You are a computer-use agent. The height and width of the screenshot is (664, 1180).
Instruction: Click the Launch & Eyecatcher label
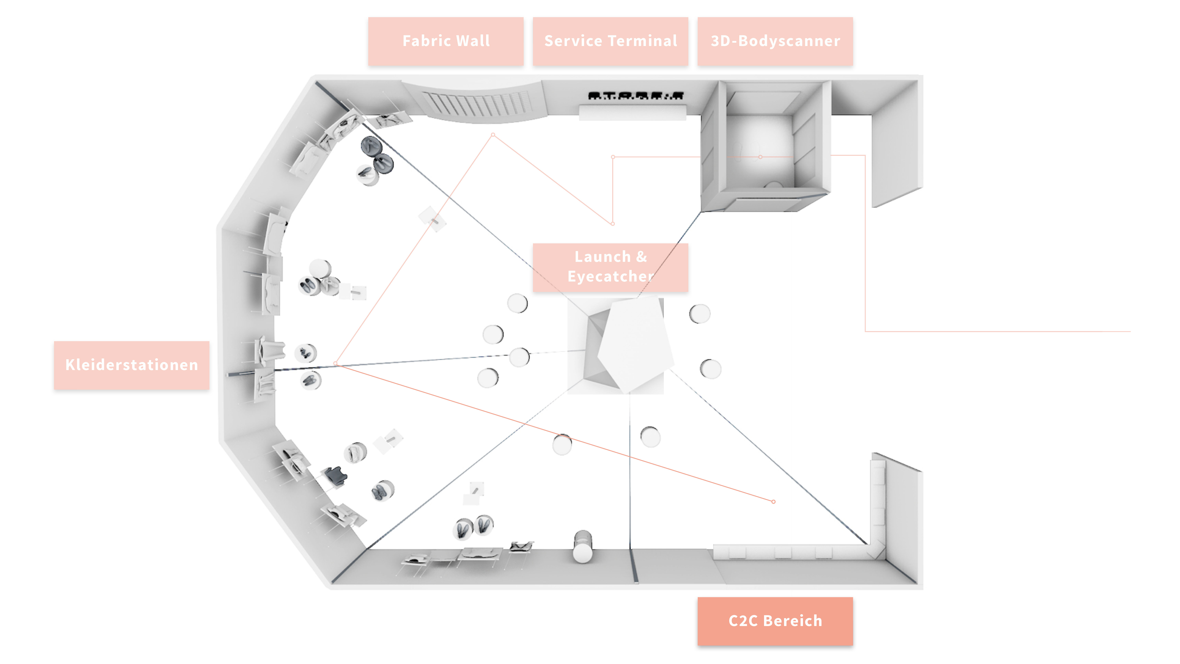pyautogui.click(x=610, y=267)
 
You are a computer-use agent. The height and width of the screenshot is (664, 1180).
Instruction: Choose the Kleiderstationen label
pyautogui.click(x=131, y=365)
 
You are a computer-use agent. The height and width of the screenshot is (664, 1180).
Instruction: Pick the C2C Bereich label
pyautogui.click(x=775, y=621)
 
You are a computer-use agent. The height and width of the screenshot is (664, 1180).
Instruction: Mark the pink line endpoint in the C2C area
pyautogui.click(x=773, y=502)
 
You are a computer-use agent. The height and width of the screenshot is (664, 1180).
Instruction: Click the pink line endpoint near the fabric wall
pyautogui.click(x=493, y=135)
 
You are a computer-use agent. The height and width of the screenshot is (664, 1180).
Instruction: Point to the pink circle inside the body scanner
pyautogui.click(x=760, y=157)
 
